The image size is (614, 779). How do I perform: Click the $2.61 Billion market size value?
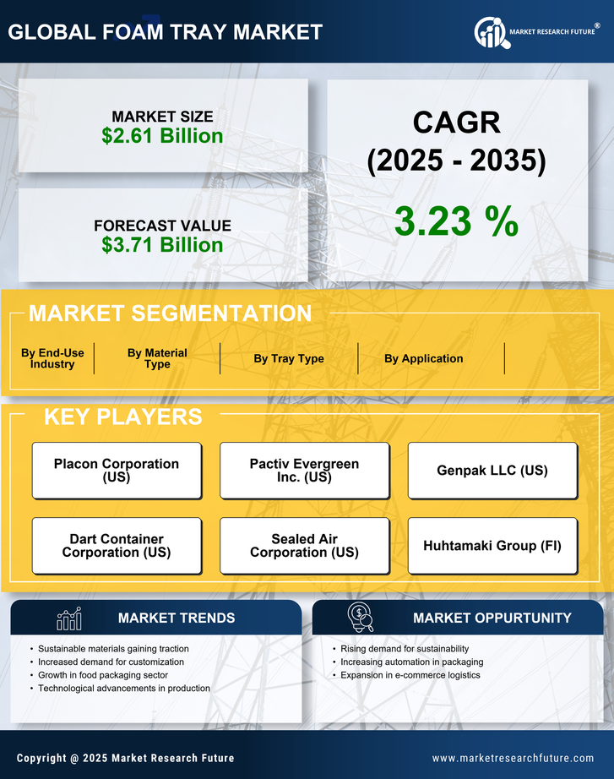pyautogui.click(x=162, y=136)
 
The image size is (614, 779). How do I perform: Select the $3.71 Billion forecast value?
pyautogui.click(x=162, y=245)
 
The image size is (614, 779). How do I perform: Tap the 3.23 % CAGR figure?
pyautogui.click(x=456, y=222)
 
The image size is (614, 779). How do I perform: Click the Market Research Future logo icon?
pyautogui.click(x=491, y=33)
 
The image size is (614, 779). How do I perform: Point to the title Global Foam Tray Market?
pyautogui.click(x=166, y=32)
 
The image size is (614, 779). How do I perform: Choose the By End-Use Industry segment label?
pyautogui.click(x=52, y=358)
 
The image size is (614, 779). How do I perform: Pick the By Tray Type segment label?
pyautogui.click(x=289, y=358)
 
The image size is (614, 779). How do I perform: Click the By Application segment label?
pyautogui.click(x=423, y=358)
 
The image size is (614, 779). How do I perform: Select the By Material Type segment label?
pyautogui.click(x=157, y=358)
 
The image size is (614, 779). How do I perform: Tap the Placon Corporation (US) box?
pyautogui.click(x=117, y=471)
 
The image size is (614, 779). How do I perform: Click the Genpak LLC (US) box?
pyautogui.click(x=492, y=471)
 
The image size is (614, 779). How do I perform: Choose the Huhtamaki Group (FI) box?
pyautogui.click(x=492, y=546)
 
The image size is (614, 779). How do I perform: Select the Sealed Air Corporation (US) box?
pyautogui.click(x=304, y=546)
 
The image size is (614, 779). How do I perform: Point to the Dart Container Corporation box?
pyautogui.click(x=117, y=546)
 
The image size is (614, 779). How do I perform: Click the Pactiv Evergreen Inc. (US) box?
pyautogui.click(x=304, y=471)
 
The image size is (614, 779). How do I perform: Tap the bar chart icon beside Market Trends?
pyautogui.click(x=69, y=618)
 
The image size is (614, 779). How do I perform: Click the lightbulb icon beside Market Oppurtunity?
pyautogui.click(x=361, y=618)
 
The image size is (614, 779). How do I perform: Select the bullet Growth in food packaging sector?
pyautogui.click(x=103, y=675)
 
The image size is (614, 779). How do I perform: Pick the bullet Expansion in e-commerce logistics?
pyautogui.click(x=410, y=675)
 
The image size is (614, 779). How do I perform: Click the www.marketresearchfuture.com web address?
pyautogui.click(x=513, y=758)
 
